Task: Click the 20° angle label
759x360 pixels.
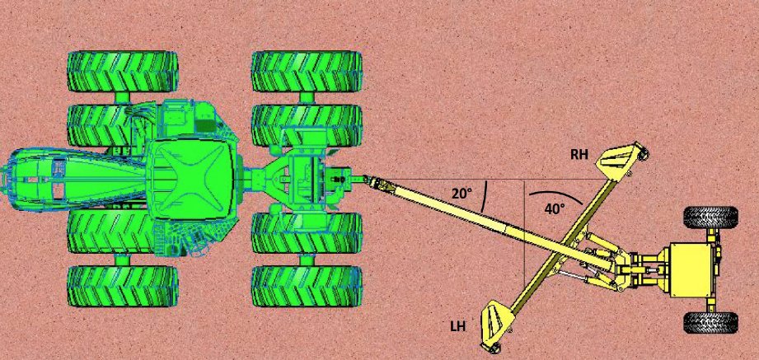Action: [x=461, y=194]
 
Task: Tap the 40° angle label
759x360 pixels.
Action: [x=555, y=209]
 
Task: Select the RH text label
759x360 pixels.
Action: [x=580, y=153]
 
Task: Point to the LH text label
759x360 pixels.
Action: [x=458, y=326]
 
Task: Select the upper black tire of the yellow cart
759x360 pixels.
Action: [x=710, y=217]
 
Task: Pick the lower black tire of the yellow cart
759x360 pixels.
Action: [x=710, y=322]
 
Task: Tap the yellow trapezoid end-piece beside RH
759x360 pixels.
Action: [x=621, y=161]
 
